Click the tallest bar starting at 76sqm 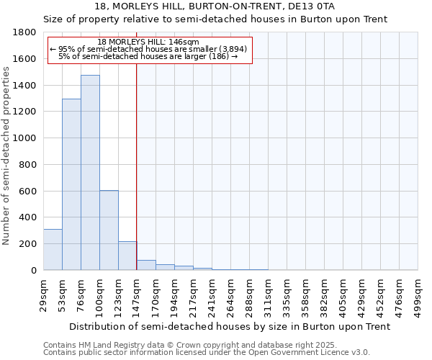[x=90, y=173]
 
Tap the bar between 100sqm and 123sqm [x=109, y=230]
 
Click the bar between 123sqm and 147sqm [x=127, y=256]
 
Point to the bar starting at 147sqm [x=146, y=265]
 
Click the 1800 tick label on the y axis [x=25, y=32]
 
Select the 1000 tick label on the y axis [x=25, y=138]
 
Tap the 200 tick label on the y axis [x=28, y=244]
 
